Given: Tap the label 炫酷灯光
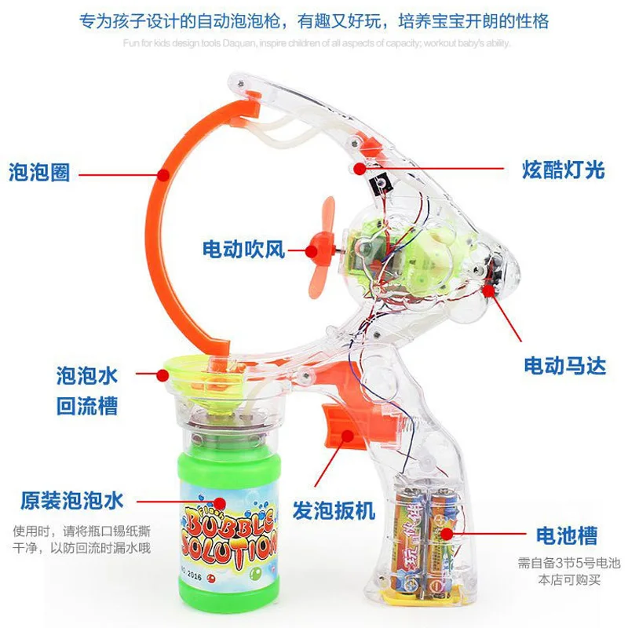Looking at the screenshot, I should coord(564,168).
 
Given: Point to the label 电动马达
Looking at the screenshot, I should coord(564,365).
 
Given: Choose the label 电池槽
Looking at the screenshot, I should coord(566,536).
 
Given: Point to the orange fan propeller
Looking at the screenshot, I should coord(325,250).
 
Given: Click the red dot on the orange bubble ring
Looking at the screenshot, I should coord(162,172).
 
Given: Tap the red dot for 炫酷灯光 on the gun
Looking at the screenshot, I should coord(358,167).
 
